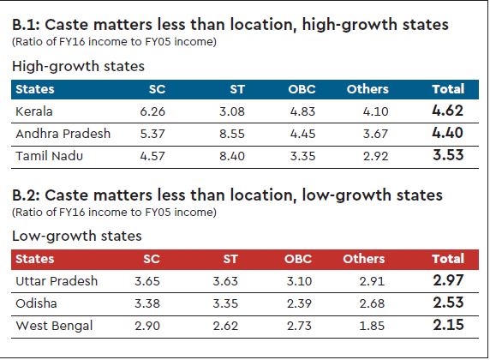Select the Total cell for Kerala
coord(448,111)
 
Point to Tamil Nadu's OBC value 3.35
coord(301,157)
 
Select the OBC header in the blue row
coord(302,89)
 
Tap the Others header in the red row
coord(364,258)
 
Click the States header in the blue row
coord(35,89)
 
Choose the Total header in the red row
coord(448,258)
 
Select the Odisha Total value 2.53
coord(448,303)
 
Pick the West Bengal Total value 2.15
coord(448,326)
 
